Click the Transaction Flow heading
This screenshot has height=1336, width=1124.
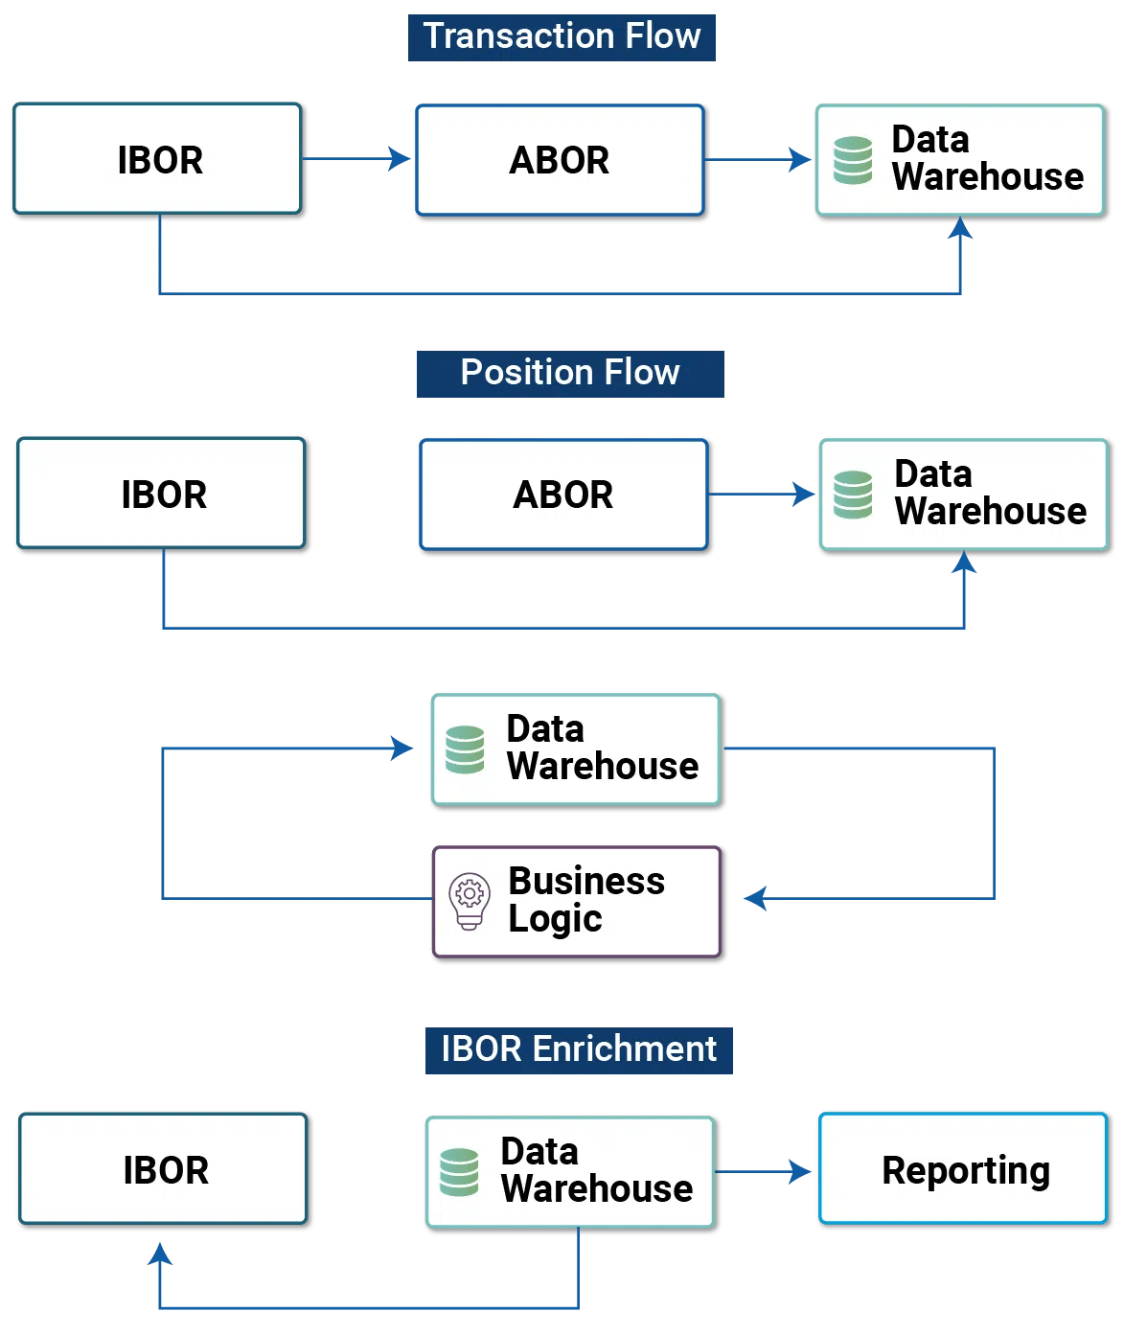click(x=562, y=37)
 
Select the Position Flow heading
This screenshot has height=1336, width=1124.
click(x=569, y=374)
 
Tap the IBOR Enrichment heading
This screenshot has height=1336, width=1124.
click(x=579, y=1050)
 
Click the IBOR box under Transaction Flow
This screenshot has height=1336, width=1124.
click(x=159, y=160)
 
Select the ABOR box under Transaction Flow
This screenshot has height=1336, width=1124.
click(x=561, y=160)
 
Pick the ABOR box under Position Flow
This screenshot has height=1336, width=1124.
click(x=563, y=495)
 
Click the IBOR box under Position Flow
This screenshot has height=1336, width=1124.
click(x=163, y=495)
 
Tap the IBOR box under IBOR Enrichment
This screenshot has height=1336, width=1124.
click(x=165, y=1169)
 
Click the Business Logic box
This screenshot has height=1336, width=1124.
click(x=578, y=901)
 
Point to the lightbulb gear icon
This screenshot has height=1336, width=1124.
click(x=469, y=901)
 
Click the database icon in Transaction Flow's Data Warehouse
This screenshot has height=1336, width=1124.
click(x=853, y=160)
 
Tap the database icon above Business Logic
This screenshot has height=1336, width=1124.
click(x=465, y=749)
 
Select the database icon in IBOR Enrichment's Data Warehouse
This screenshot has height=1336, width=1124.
click(x=459, y=1172)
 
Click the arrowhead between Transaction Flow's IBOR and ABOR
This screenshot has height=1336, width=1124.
click(x=399, y=159)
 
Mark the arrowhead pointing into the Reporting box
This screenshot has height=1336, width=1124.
click(x=799, y=1171)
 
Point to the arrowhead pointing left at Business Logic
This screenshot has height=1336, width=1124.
click(x=755, y=898)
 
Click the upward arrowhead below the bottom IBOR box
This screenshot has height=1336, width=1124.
click(x=160, y=1254)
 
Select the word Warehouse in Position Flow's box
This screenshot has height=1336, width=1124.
click(x=991, y=512)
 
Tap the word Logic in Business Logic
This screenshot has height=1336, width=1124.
click(x=555, y=919)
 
